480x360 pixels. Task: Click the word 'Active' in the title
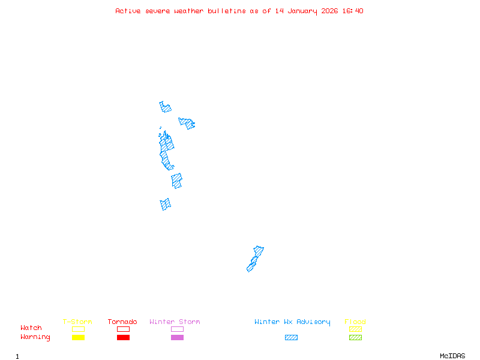[128, 11]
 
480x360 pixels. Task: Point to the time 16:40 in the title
[353, 11]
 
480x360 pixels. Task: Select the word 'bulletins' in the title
[227, 11]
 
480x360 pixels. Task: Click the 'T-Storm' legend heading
[77, 322]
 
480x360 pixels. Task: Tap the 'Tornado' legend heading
[122, 322]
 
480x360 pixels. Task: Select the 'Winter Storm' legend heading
[175, 322]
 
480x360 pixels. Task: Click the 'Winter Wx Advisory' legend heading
[292, 322]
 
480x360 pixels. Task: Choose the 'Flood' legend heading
[355, 322]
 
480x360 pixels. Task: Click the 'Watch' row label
[31, 328]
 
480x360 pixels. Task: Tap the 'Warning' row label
[35, 337]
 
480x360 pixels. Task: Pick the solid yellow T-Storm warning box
[78, 338]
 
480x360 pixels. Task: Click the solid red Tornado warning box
[123, 338]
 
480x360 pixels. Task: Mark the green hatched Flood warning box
[355, 338]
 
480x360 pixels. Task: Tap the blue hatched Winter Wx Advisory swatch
[291, 338]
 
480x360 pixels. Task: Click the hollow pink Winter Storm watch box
[177, 329]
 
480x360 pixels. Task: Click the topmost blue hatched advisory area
[165, 108]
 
